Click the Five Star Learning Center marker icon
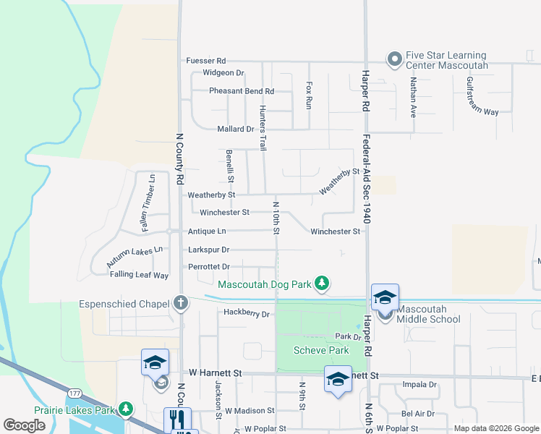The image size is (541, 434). click(394, 59)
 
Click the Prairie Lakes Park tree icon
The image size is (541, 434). click(127, 410)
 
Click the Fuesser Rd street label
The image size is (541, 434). click(206, 61)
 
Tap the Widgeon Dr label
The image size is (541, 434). click(223, 73)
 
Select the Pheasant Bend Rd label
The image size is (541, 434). click(242, 91)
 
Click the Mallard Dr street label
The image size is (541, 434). click(236, 129)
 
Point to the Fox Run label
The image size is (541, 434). click(309, 95)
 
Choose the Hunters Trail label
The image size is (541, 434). click(263, 128)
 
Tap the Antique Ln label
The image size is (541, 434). click(207, 231)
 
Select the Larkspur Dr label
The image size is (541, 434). click(208, 250)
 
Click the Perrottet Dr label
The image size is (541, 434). click(209, 267)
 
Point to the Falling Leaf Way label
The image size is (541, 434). click(139, 275)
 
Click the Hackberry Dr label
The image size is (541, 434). click(246, 314)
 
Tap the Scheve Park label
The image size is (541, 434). click(321, 351)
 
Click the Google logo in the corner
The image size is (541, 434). click(25, 425)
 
